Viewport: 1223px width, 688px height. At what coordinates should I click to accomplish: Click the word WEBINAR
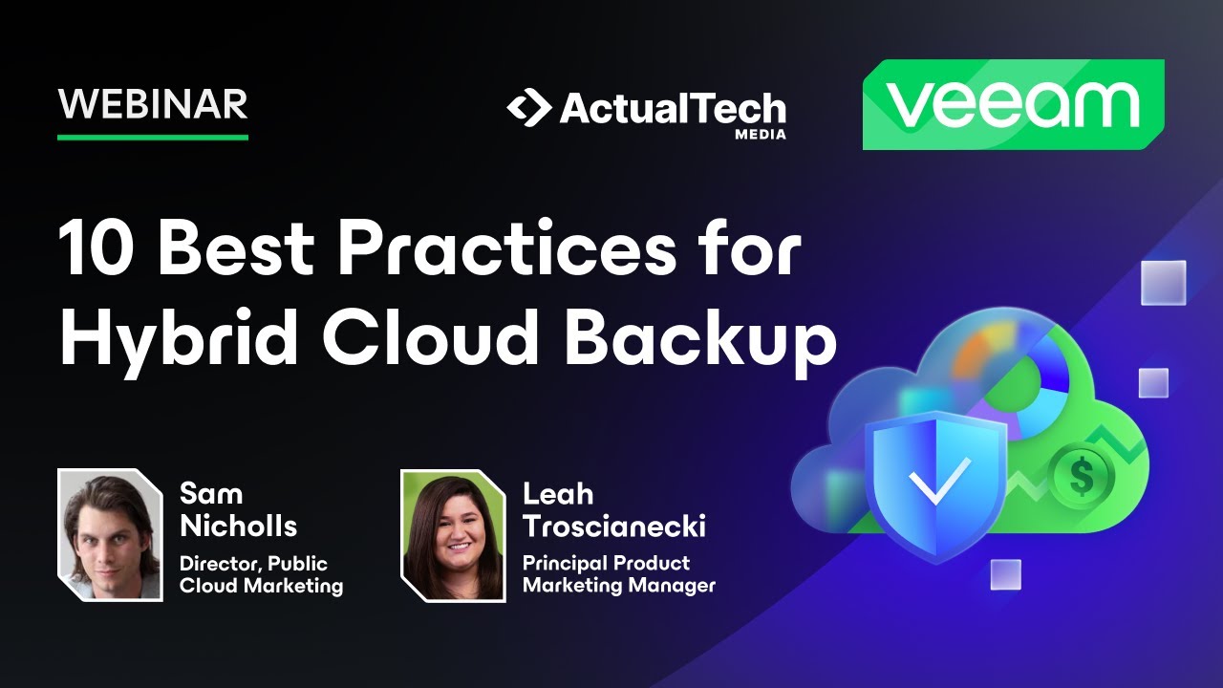153,103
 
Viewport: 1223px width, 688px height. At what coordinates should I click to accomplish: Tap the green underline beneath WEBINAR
153,138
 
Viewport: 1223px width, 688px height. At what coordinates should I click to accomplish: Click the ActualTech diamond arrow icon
528,109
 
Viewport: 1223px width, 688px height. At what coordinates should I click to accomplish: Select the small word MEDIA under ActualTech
761,135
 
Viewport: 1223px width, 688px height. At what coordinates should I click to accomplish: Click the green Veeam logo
1013,105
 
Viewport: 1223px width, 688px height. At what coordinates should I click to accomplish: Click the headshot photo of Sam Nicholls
110,535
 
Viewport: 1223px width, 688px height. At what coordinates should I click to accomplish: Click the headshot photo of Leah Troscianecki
453,535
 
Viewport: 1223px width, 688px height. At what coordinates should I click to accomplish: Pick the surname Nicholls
238,526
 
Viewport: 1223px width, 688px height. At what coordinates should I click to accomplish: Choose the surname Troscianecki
614,526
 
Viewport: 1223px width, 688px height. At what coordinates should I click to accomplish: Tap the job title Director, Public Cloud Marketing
261,575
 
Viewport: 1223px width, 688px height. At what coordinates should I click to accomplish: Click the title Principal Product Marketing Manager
618,575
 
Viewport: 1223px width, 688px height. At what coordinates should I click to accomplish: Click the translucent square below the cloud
1005,574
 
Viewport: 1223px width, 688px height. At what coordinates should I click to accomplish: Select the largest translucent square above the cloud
1163,283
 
